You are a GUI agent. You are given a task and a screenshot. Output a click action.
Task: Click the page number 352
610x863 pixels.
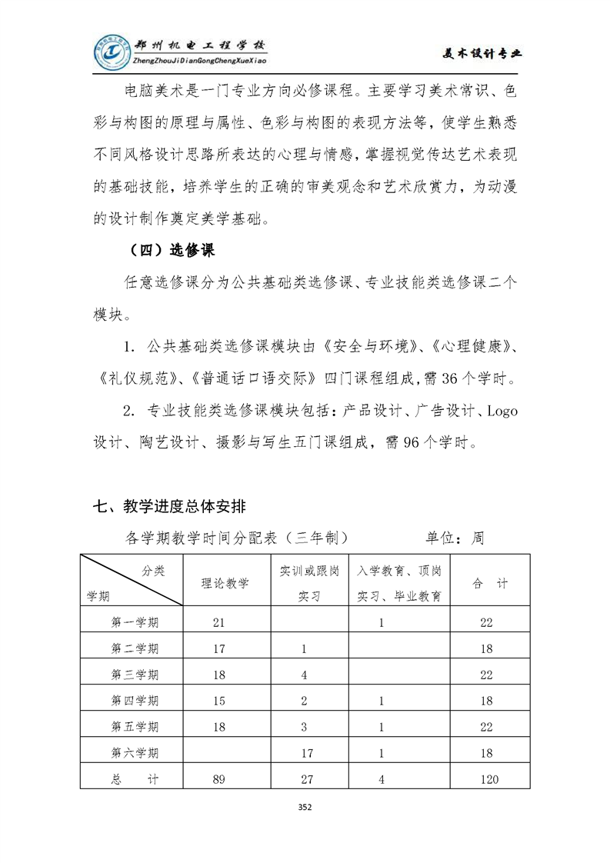click(x=305, y=807)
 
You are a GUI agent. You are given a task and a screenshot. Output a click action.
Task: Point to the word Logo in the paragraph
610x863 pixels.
click(x=502, y=411)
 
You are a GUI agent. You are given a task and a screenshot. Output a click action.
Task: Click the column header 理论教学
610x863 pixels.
click(x=225, y=584)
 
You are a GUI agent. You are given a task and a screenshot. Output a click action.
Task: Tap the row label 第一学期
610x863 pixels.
click(x=135, y=622)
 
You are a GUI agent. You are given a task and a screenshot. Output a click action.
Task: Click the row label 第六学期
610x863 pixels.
click(x=135, y=753)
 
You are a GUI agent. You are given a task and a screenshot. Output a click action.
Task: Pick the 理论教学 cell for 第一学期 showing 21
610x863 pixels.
click(x=219, y=622)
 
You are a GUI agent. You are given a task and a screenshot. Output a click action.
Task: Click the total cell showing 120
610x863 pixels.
click(x=488, y=779)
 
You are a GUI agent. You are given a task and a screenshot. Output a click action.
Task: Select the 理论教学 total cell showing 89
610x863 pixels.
click(x=219, y=779)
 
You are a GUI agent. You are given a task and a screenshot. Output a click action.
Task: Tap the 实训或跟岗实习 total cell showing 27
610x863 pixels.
click(x=307, y=779)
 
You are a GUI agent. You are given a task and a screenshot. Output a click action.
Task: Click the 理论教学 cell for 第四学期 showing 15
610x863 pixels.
click(x=219, y=701)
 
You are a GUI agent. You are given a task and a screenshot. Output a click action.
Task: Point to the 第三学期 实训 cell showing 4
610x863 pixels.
click(x=305, y=675)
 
